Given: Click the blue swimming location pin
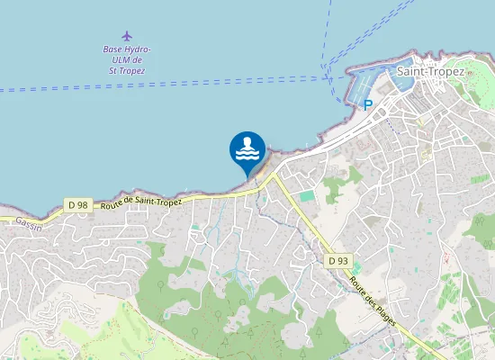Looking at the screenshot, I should tap(247, 151).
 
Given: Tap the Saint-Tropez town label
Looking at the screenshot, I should tap(430, 71).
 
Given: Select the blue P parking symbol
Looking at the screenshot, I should tap(368, 105).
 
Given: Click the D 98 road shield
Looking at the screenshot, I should tap(78, 205).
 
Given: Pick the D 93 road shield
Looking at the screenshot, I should tap(338, 261).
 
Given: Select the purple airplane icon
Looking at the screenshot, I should tap(126, 36).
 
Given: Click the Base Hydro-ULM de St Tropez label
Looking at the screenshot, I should tap(127, 59).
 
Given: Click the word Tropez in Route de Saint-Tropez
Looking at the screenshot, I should tap(167, 201).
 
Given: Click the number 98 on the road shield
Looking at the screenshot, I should tap(83, 205).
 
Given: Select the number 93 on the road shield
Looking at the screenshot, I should tap(343, 261).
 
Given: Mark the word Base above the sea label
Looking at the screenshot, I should tap(112, 50).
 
